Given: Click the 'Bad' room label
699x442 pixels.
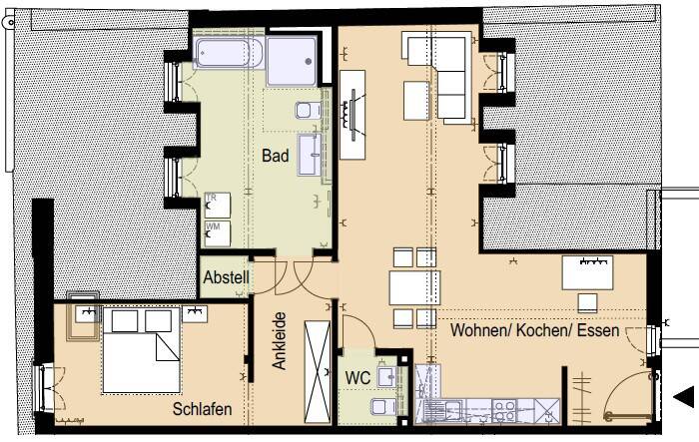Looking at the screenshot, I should click(x=276, y=157).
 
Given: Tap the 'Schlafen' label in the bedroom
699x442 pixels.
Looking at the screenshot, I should click(x=203, y=409).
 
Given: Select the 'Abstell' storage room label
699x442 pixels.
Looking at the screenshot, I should click(x=226, y=279).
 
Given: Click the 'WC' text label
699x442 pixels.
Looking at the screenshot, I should click(x=358, y=378).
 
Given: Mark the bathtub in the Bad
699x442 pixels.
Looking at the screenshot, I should click(x=229, y=52).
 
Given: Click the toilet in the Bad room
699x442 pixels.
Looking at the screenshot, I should click(x=309, y=111).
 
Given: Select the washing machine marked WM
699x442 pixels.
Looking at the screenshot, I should click(x=216, y=232).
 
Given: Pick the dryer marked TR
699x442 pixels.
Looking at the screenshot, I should click(x=216, y=204).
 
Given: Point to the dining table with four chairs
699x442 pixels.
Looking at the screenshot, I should click(x=413, y=288).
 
